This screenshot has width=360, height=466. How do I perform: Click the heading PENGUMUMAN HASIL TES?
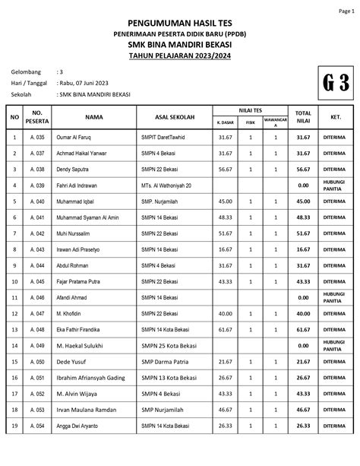click(180, 24)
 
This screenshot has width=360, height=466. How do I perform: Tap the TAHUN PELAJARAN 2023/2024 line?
click(180, 55)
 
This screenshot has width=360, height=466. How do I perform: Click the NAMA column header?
click(94, 117)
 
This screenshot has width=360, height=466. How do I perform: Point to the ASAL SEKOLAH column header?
click(174, 117)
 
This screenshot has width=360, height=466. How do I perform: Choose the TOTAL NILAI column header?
click(303, 117)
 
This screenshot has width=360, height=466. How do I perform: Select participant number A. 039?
click(36, 185)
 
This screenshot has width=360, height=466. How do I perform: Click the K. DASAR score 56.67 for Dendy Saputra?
click(225, 169)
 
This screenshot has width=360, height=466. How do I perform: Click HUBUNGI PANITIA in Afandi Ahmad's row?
click(334, 297)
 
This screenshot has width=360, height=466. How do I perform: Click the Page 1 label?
click(346, 11)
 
